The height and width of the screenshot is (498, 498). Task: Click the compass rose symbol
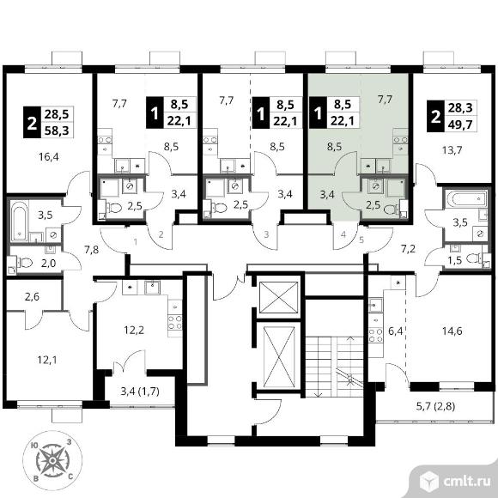(52, 459)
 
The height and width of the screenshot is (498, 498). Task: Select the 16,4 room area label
(49, 156)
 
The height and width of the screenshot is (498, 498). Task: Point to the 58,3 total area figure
(57, 131)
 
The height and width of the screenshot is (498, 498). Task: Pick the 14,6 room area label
(452, 331)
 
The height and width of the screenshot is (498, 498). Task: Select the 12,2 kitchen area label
(134, 331)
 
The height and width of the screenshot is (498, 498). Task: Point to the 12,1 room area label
(47, 360)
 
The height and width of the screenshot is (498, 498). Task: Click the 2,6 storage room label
(32, 296)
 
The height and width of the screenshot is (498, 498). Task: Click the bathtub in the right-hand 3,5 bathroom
(466, 198)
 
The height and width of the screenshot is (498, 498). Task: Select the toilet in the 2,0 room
(25, 263)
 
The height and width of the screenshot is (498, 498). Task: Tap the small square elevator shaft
(279, 298)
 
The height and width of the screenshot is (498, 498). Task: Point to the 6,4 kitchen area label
(395, 331)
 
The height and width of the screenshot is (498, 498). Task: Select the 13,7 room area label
(452, 149)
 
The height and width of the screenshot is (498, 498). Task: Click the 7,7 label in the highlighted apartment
(385, 100)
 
